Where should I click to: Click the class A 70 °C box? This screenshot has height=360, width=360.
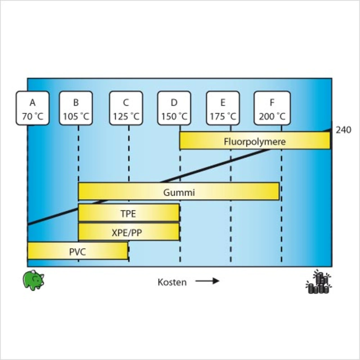33,108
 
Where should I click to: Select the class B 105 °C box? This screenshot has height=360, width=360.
76,108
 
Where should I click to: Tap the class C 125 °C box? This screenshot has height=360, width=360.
126,108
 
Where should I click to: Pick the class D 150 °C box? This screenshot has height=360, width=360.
174,108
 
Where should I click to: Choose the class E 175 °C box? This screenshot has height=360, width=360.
223,108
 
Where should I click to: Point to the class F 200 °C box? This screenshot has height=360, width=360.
272,108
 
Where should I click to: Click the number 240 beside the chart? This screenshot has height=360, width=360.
343,130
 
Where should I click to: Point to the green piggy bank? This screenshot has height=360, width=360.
33,280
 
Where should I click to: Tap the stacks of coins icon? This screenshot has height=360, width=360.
319,282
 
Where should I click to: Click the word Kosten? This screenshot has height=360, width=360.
172,282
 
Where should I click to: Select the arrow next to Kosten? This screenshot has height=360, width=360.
207,281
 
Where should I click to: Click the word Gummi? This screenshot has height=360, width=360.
179,193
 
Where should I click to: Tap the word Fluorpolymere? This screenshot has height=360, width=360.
255,141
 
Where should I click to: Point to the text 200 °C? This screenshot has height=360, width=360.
272,116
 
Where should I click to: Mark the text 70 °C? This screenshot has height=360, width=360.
33,116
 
